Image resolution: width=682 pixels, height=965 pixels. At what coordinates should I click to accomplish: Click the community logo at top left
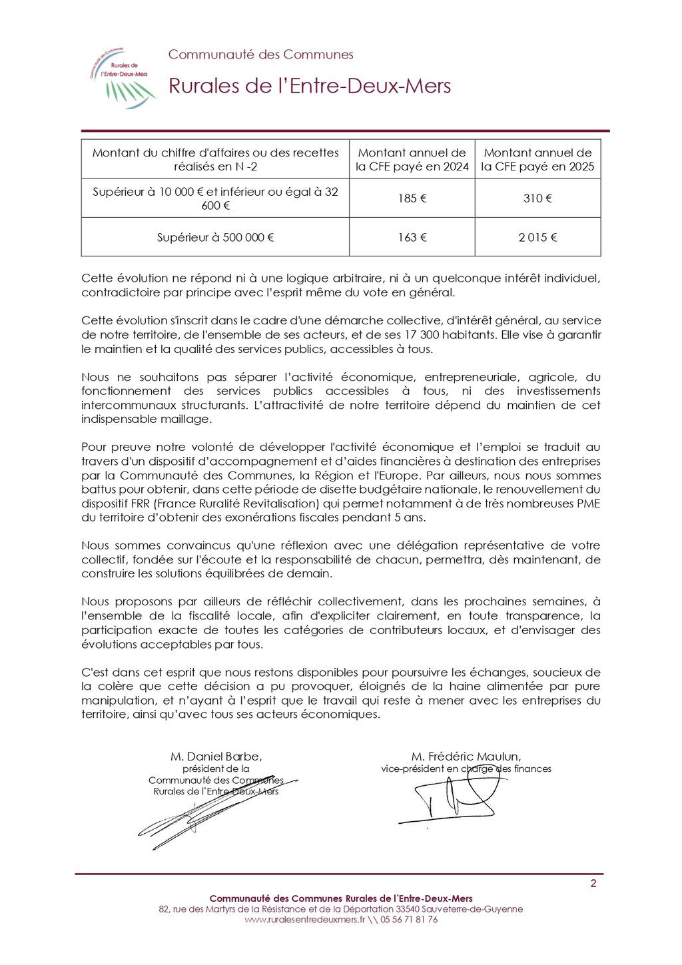coord(123,77)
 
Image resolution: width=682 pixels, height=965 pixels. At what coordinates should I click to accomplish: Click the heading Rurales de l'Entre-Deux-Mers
coord(310,86)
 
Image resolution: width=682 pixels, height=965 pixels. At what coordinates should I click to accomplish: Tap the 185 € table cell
coord(412,198)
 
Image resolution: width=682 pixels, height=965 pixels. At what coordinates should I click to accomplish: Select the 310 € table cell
coord(537,198)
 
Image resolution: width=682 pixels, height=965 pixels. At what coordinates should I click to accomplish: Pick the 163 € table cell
coord(412,237)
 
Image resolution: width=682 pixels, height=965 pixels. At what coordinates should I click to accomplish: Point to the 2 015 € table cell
coord(537,237)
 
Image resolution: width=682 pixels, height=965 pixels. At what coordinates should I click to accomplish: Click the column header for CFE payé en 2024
coord(412,160)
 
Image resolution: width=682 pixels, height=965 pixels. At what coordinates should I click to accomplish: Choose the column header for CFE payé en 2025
coord(537,160)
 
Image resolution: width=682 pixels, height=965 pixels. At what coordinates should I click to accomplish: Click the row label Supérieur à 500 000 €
coord(215,237)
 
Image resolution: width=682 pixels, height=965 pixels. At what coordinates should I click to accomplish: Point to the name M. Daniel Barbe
coord(216,757)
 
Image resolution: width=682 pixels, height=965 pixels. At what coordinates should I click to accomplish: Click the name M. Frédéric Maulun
coord(466,757)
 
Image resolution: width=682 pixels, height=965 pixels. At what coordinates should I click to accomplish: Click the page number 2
coord(593,884)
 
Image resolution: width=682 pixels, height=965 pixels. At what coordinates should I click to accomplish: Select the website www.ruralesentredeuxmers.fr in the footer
coord(304,920)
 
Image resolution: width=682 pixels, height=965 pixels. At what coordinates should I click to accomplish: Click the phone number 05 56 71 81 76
coord(409,920)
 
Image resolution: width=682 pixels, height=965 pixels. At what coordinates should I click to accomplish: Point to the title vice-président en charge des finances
coord(466,769)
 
